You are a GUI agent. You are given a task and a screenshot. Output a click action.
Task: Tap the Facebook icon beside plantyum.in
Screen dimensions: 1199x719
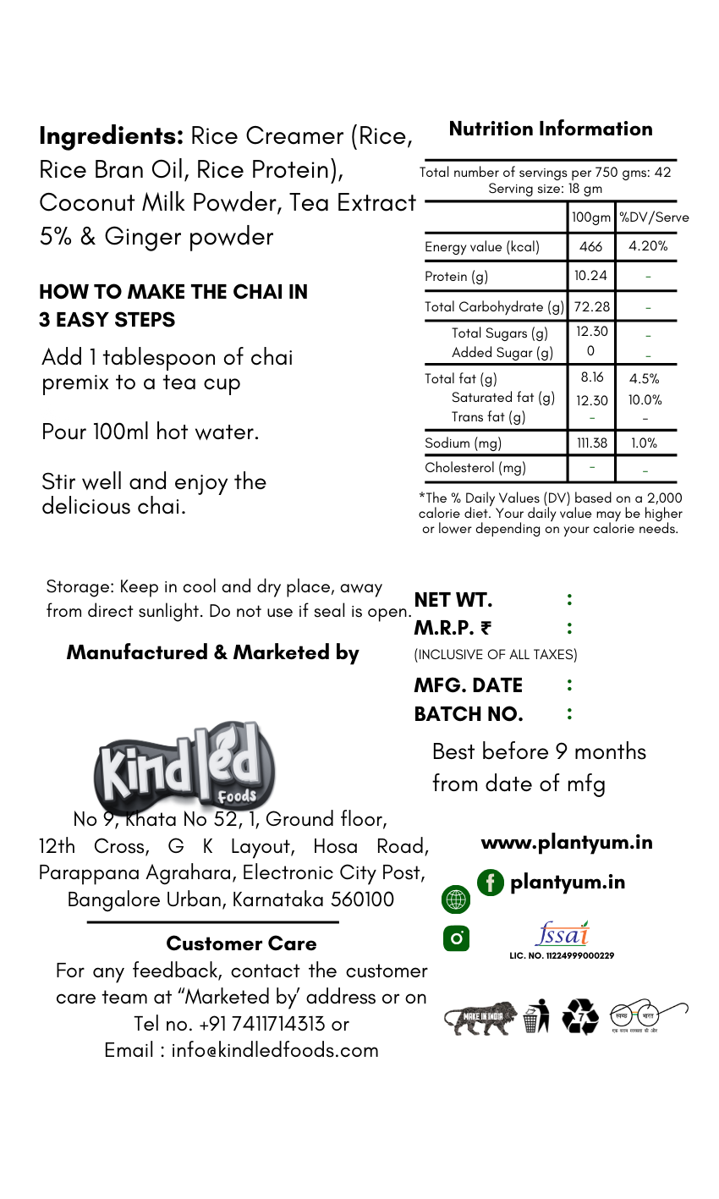pos(490,883)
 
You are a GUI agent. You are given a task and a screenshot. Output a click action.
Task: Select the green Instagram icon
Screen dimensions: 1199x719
pos(456,938)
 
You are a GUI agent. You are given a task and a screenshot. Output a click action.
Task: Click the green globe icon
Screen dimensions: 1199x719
pos(455,900)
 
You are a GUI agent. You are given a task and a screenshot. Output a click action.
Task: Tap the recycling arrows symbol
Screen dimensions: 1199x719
pos(580,1016)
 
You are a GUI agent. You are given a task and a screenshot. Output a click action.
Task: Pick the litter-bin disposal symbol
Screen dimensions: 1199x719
pos(535,1015)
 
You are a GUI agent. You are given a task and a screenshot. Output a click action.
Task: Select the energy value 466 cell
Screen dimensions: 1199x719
pos(591,246)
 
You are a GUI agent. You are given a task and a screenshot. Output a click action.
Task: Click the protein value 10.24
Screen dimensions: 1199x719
pos(590,276)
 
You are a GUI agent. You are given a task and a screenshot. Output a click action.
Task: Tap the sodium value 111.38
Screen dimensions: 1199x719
pos(590,443)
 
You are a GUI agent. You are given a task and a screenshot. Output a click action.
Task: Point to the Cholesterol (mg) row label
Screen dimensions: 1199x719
pos(475,467)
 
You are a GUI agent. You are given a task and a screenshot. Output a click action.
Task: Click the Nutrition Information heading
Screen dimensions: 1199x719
pos(551,129)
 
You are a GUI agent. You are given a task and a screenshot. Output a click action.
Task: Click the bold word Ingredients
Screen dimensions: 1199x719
pos(111,135)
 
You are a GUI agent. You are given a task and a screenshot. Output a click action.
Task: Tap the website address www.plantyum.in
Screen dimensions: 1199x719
pos(566,843)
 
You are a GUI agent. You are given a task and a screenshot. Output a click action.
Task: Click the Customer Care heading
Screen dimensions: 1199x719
pos(241,943)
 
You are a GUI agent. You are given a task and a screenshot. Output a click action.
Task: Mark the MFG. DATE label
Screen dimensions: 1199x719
pos(468,685)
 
